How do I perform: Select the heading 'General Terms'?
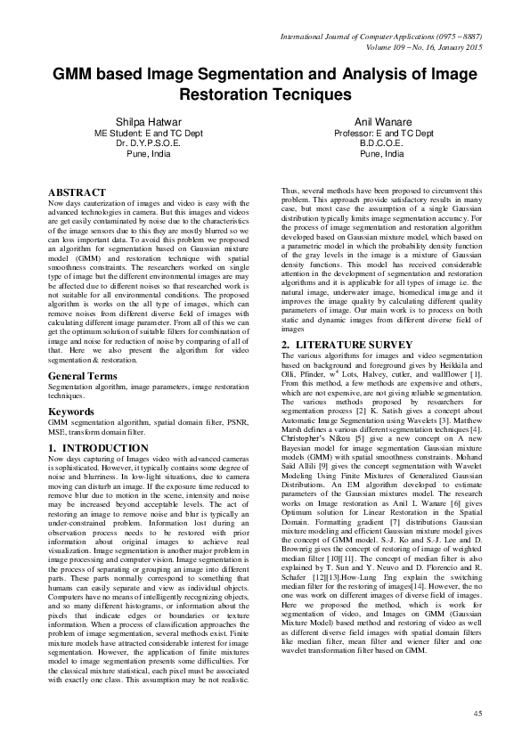pos(83,378)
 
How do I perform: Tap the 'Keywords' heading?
pos(73,412)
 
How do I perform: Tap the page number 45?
pos(477,714)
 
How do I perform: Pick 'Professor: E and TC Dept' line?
pos(384,132)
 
